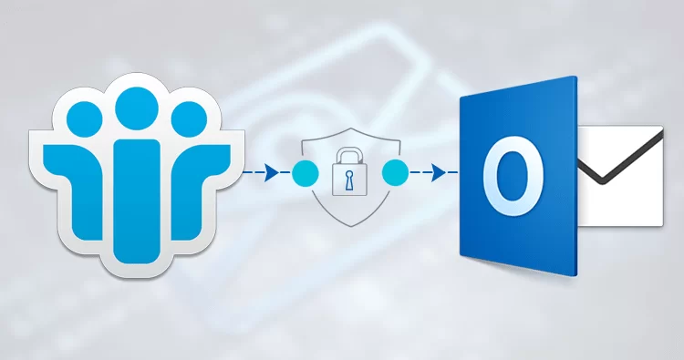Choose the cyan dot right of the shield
point(395,171)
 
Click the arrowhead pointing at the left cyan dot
point(273,171)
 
